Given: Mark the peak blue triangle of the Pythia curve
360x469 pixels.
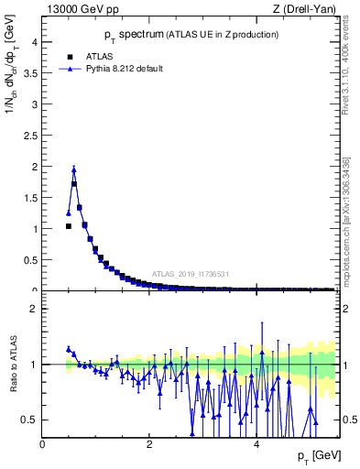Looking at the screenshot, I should click(74, 169).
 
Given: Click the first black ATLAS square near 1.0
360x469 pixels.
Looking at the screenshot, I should click(69, 226).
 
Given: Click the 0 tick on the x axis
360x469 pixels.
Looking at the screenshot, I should click(42, 444).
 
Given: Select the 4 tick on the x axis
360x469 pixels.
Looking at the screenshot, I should click(256, 444).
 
